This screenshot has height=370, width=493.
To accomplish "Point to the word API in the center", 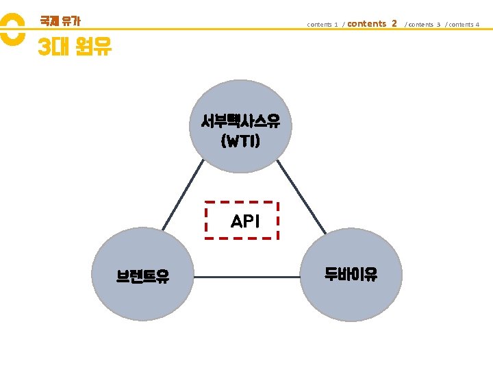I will pos(245,221).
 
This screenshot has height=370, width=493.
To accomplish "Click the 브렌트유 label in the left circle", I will pos(143,276).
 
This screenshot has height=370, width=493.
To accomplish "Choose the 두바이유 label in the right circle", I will pos(351,275).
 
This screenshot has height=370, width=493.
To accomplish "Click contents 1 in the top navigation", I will pos(323,25).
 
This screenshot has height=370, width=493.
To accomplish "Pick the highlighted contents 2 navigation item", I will pos(372,23).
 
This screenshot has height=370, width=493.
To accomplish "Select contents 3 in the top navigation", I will pos(424,25).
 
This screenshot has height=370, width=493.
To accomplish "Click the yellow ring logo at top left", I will pos(10,30).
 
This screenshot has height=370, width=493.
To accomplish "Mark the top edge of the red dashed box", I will pos(242,202).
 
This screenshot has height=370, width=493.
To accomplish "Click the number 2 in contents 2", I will pos(394,23).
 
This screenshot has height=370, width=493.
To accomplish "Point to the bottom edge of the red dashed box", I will pos(242,238).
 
